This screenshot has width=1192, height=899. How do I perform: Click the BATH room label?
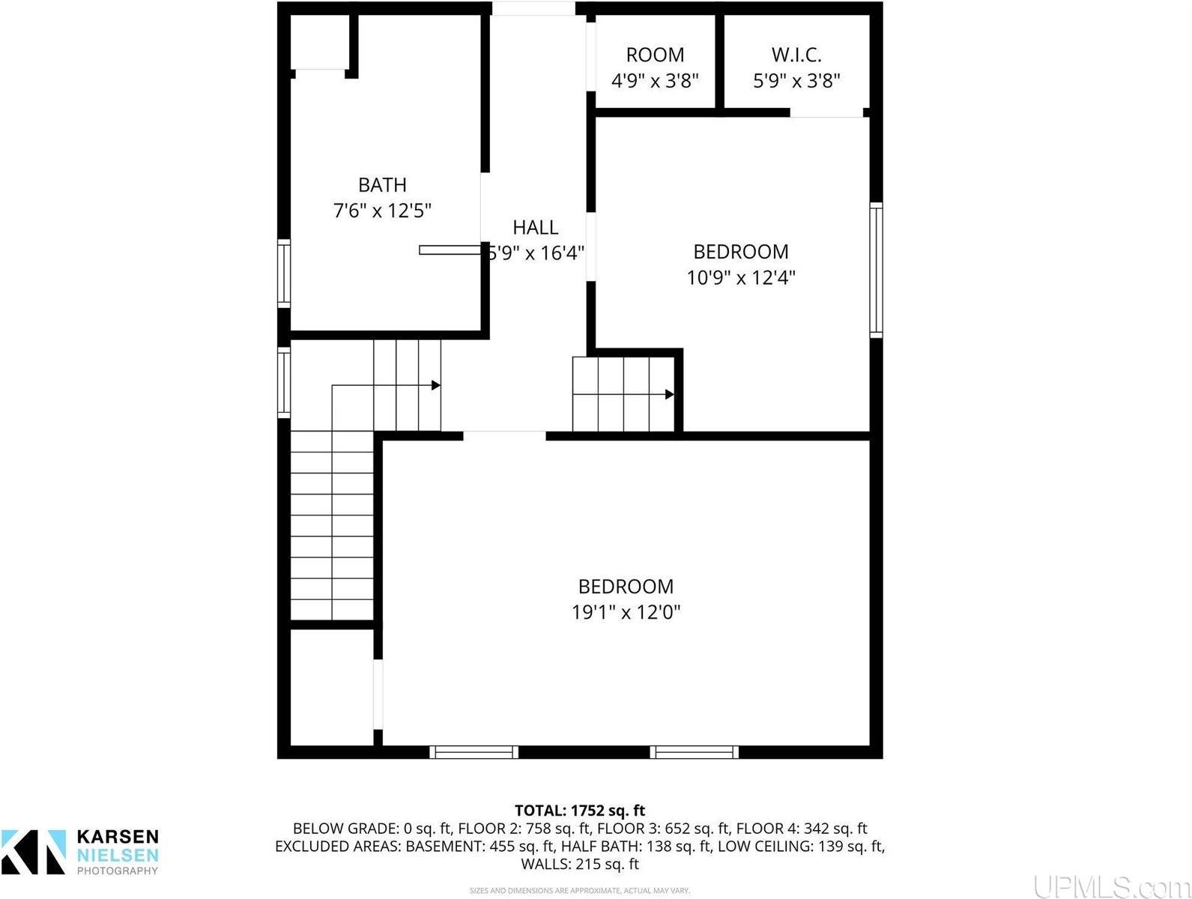pos(382,184)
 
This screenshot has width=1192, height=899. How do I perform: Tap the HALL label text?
pos(535,227)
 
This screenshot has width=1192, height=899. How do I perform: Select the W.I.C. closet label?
pos(796,55)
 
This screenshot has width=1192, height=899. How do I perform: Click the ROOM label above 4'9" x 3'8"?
pos(655,55)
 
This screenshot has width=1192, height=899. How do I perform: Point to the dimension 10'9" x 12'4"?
pos(740,278)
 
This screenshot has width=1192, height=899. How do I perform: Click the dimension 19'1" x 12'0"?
pos(626,613)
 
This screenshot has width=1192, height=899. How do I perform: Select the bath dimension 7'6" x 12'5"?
pos(382,211)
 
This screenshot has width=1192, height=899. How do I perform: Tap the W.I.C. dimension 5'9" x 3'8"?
pos(796,81)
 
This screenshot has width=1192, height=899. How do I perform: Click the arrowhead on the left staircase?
pos(435,386)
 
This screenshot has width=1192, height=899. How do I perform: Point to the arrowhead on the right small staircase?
pos(669,395)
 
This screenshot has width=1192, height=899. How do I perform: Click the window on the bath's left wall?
pos(284,273)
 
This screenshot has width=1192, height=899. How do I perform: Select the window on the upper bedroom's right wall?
pos(876,270)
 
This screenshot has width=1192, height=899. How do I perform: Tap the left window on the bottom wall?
pos(474,752)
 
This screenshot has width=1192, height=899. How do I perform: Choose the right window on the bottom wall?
pos(694,752)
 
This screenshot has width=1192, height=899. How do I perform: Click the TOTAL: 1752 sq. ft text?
pos(579,811)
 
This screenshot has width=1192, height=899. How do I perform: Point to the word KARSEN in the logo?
pos(118,837)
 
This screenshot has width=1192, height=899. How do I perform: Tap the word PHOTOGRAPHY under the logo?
pos(118,871)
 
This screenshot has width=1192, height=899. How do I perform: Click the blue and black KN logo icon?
pos(34,852)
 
